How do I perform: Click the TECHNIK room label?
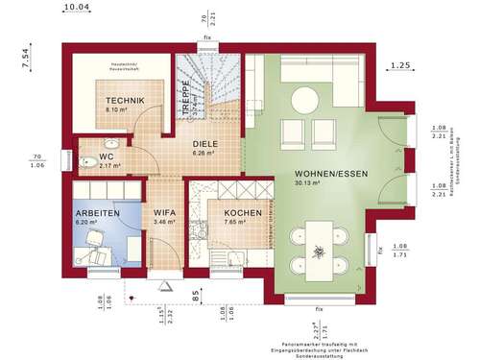[x=126, y=100]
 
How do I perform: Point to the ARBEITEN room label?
[x=98, y=212]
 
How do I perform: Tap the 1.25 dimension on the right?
[x=401, y=66]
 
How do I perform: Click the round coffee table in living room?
[x=305, y=97]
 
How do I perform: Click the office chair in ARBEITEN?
[x=97, y=252]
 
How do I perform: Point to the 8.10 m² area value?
[x=125, y=110]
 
